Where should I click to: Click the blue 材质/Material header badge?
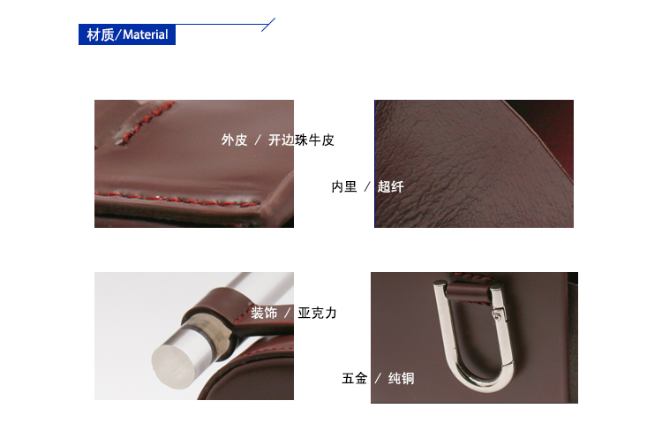coord(127,34)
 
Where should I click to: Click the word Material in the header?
coord(146,34)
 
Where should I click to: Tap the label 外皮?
coord(234,140)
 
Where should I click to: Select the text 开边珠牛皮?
coord(301,140)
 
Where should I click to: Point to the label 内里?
coord(344,186)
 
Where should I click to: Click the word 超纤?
coord(390,186)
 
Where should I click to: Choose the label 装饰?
coord(264,314)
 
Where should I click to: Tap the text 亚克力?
coord(317,314)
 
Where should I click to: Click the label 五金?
coord(354,378)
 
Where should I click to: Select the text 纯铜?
coord(401,378)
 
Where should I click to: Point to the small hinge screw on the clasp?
coord(498,314)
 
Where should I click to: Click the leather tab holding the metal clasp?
coord(469,291)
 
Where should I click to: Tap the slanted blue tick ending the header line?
coord(268,25)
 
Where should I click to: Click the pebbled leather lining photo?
coord(474,163)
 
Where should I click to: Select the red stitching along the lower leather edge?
coord(177,200)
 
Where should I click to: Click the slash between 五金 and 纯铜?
coord(378,378)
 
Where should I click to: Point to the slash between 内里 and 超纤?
coord(367,186)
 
